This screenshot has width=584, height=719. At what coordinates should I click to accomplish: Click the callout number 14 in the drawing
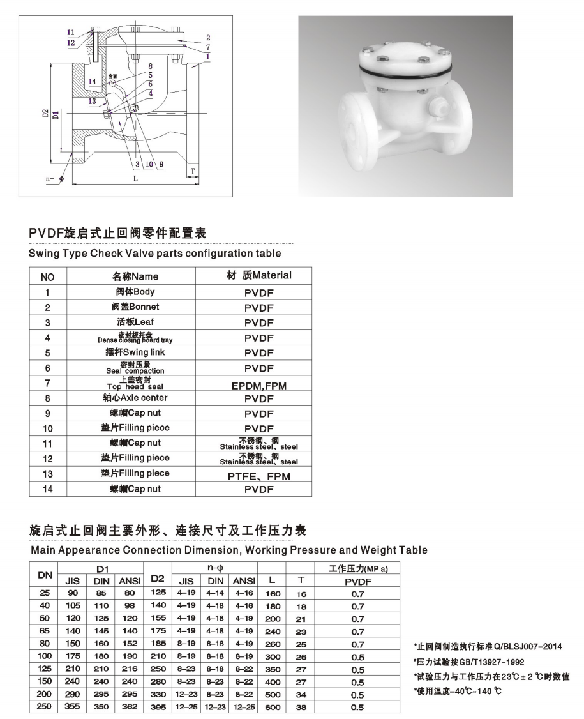tap(93, 81)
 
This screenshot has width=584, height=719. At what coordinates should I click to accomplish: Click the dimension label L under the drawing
tap(135, 179)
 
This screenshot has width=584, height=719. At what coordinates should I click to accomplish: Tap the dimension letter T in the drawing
tap(193, 172)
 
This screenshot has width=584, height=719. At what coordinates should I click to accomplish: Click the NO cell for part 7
tap(48, 383)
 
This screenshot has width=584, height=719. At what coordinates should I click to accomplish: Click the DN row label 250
tap(44, 706)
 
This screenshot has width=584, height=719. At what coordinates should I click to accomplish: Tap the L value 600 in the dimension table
tap(272, 707)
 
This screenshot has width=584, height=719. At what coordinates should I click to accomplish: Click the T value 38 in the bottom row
tap(302, 707)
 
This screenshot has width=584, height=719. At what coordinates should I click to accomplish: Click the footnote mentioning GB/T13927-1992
tap(468, 662)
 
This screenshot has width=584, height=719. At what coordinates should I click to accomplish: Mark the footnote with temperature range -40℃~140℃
tap(459, 692)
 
